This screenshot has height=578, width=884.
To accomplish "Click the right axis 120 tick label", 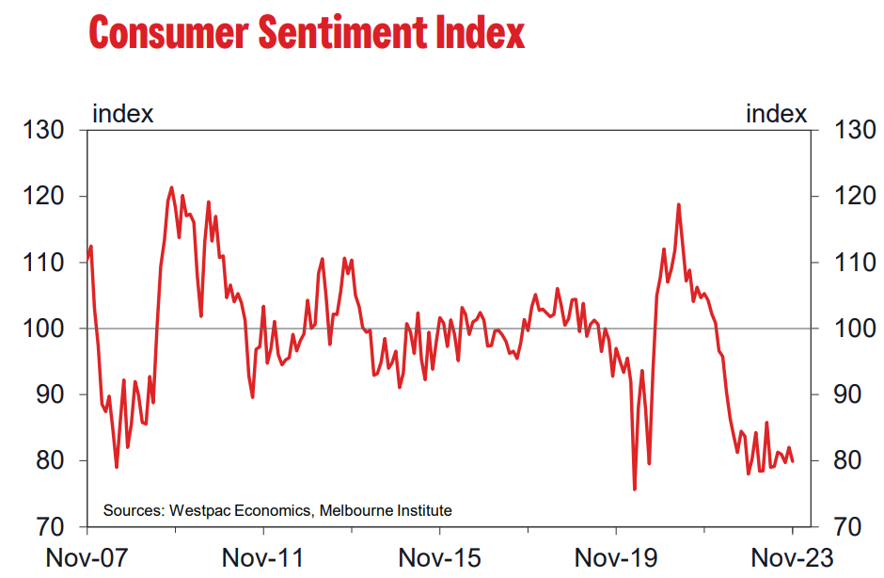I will [x=854, y=197].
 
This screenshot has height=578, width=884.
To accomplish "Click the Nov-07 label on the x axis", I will [x=87, y=557].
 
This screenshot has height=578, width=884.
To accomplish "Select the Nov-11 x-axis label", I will [x=262, y=557].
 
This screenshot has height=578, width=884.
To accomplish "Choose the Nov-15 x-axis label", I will [x=439, y=557].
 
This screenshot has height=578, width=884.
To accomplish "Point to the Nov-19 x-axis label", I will [x=615, y=557].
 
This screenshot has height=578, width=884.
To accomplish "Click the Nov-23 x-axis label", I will [x=792, y=557].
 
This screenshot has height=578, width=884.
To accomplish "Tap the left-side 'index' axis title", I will [x=122, y=114].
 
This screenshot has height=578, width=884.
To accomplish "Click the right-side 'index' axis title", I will [x=776, y=114].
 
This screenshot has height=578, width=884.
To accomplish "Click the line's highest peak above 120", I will [x=171, y=187].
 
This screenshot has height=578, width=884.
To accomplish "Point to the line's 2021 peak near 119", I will [x=678, y=204].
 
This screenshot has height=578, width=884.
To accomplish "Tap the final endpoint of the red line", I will [x=792, y=461].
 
